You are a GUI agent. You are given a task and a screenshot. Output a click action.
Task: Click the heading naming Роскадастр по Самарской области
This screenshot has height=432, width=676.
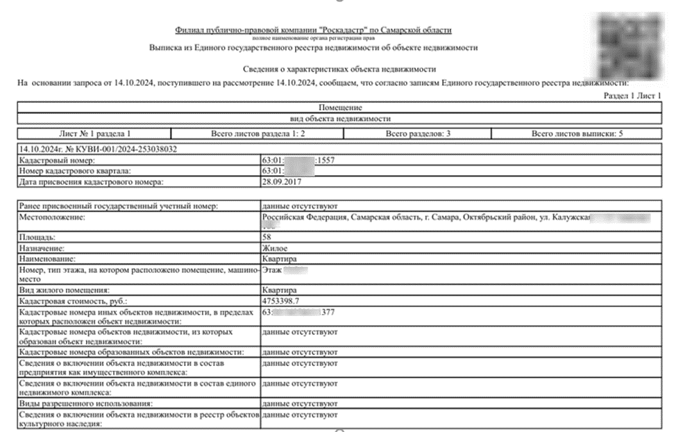(314, 30)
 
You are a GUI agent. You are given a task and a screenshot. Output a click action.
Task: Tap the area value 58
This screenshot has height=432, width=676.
(267, 238)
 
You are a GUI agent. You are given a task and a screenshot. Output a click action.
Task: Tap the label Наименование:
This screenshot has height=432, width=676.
(47, 258)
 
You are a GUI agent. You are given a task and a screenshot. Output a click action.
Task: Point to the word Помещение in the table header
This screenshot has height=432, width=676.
(340, 108)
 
